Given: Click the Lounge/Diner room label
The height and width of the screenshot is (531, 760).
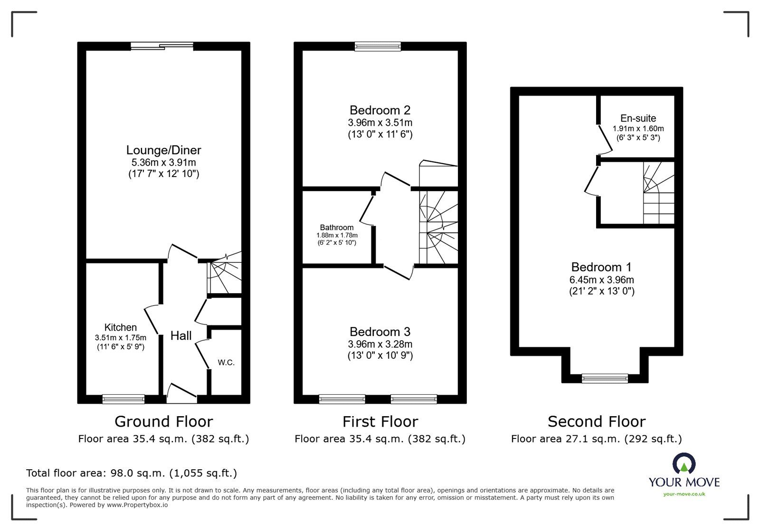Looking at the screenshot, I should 163,150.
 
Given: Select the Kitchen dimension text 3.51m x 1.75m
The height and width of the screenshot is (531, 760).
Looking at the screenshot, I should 121,337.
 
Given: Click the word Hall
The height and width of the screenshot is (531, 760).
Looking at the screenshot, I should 181,336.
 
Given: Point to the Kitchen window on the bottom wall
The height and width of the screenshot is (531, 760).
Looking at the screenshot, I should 123,399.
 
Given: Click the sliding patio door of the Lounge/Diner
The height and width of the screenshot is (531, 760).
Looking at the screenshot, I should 162,46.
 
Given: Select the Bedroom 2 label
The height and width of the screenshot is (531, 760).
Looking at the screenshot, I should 380,110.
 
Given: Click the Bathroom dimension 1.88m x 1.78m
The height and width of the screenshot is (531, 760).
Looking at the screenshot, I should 337,235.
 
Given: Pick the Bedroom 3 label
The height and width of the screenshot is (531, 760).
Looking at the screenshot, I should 380,332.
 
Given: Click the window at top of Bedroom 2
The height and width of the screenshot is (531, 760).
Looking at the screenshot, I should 378,46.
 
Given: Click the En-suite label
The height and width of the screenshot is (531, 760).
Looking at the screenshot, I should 638,119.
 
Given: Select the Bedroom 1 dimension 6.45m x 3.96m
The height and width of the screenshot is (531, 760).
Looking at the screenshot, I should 602,280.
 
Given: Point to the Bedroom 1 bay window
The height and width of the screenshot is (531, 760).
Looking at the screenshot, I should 605,378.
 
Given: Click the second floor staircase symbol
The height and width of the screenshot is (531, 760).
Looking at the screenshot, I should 658,193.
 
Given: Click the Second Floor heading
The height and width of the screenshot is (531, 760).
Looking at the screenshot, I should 597,421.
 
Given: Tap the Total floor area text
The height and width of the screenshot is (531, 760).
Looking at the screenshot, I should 132,473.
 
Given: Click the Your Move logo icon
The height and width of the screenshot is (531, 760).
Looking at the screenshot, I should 684,463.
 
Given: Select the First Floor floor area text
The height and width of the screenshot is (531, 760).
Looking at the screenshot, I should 380,439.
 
